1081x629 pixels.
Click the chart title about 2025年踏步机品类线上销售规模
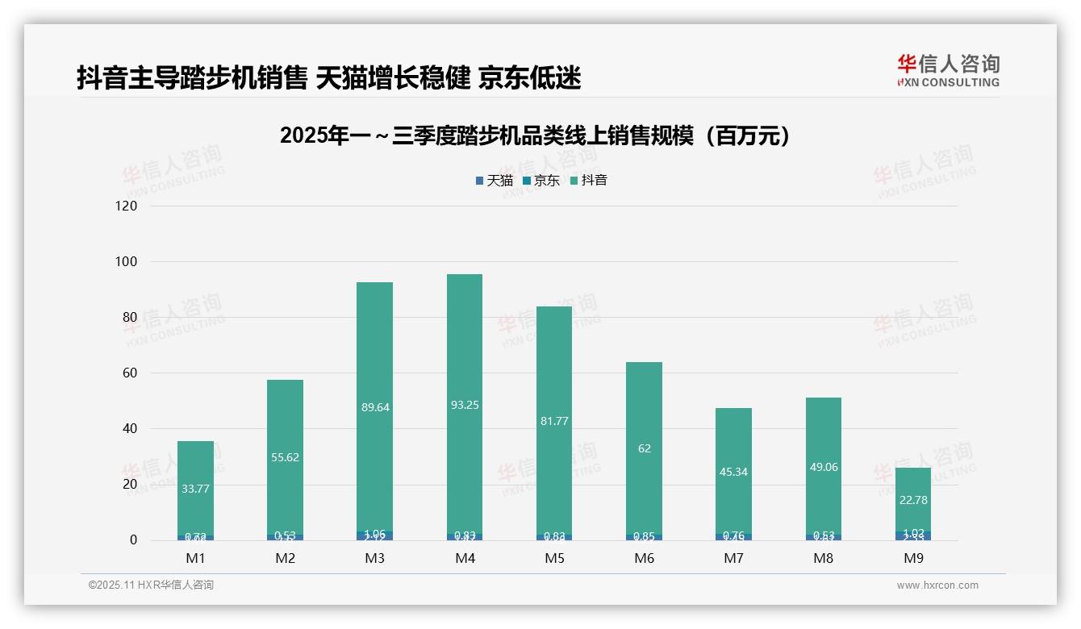click(x=534, y=135)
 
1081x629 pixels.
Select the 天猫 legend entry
click(x=495, y=181)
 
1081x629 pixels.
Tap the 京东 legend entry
click(x=541, y=181)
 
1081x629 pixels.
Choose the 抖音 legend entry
click(x=589, y=181)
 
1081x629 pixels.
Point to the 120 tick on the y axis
click(x=127, y=206)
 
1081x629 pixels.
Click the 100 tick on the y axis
click(x=127, y=262)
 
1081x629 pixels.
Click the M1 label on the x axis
click(x=195, y=558)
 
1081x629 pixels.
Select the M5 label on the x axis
click(x=554, y=558)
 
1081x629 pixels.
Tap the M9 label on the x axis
click(x=913, y=558)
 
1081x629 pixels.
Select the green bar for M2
click(x=286, y=419)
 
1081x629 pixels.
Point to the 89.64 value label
click(x=375, y=407)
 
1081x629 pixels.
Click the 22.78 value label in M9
click(x=913, y=500)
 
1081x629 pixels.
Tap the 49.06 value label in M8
click(x=824, y=467)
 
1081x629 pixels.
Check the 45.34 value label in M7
click(x=733, y=472)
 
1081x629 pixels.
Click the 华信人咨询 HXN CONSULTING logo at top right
click(x=948, y=71)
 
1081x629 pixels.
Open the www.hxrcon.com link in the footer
click(x=937, y=585)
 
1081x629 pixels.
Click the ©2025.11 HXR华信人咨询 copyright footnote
click(x=151, y=585)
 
